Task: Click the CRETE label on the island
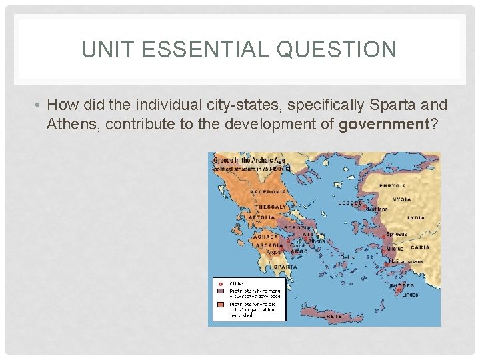[332, 316]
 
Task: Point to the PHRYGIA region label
[394, 185]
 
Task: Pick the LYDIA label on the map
[415, 217]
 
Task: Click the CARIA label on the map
[420, 247]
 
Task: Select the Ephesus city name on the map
[396, 234]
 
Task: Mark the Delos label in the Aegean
[347, 257]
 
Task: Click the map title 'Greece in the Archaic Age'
[249, 159]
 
